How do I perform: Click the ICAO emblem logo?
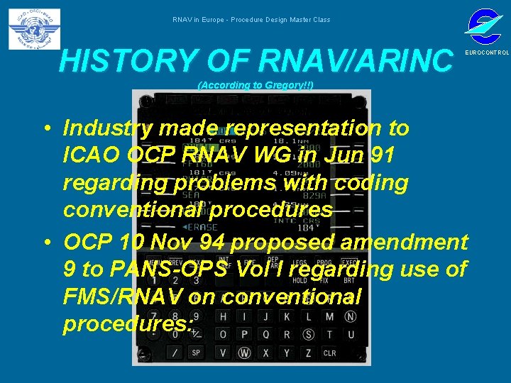[34, 30]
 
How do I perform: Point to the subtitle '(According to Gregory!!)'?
[255, 86]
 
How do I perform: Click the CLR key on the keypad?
[330, 353]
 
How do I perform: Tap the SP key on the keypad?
[197, 353]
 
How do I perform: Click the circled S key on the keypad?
[308, 334]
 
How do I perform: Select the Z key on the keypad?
[308, 353]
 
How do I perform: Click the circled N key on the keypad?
[350, 316]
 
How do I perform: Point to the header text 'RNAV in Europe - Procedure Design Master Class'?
[251, 20]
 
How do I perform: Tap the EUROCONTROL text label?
[486, 53]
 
